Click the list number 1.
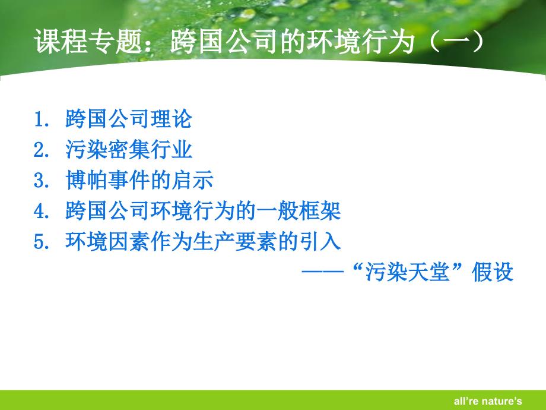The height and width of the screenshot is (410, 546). pyautogui.click(x=42, y=119)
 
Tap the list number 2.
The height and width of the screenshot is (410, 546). pyautogui.click(x=42, y=150)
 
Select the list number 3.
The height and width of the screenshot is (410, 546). pyautogui.click(x=42, y=181)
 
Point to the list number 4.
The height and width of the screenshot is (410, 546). pyautogui.click(x=42, y=212)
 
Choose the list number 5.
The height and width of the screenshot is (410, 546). pyautogui.click(x=42, y=242)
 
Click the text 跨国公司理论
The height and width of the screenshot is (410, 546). pyautogui.click(x=129, y=119)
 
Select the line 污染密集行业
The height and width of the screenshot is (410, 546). pyautogui.click(x=129, y=150)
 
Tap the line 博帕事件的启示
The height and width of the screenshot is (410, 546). pyautogui.click(x=139, y=180)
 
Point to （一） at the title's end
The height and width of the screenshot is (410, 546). pyautogui.click(x=457, y=42)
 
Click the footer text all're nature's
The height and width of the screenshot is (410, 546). pyautogui.click(x=488, y=401)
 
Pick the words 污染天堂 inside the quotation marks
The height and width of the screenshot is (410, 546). pyautogui.click(x=408, y=272)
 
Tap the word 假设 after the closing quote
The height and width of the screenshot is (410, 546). pyautogui.click(x=493, y=272)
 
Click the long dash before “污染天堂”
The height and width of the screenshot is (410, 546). pyautogui.click(x=323, y=272)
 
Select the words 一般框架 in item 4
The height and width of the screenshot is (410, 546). pyautogui.click(x=298, y=211)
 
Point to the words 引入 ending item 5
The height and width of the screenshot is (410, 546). pyautogui.click(x=319, y=241)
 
